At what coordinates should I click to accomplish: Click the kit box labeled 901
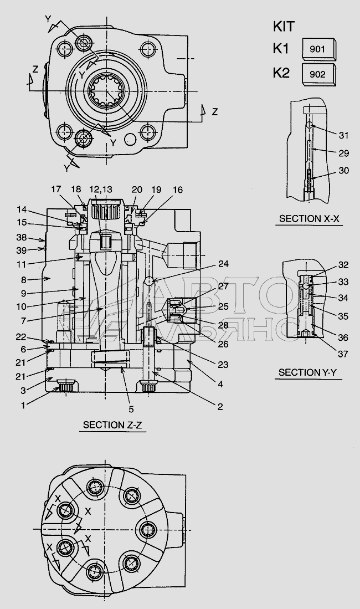(319, 49)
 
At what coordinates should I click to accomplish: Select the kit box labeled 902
(319, 75)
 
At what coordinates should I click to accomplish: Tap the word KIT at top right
(284, 27)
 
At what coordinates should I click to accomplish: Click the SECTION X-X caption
(309, 219)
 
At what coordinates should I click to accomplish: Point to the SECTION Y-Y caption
(307, 373)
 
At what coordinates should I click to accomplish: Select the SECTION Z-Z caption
(112, 425)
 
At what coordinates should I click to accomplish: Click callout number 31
(344, 135)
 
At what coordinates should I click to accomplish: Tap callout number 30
(344, 171)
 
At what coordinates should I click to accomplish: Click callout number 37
(343, 354)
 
